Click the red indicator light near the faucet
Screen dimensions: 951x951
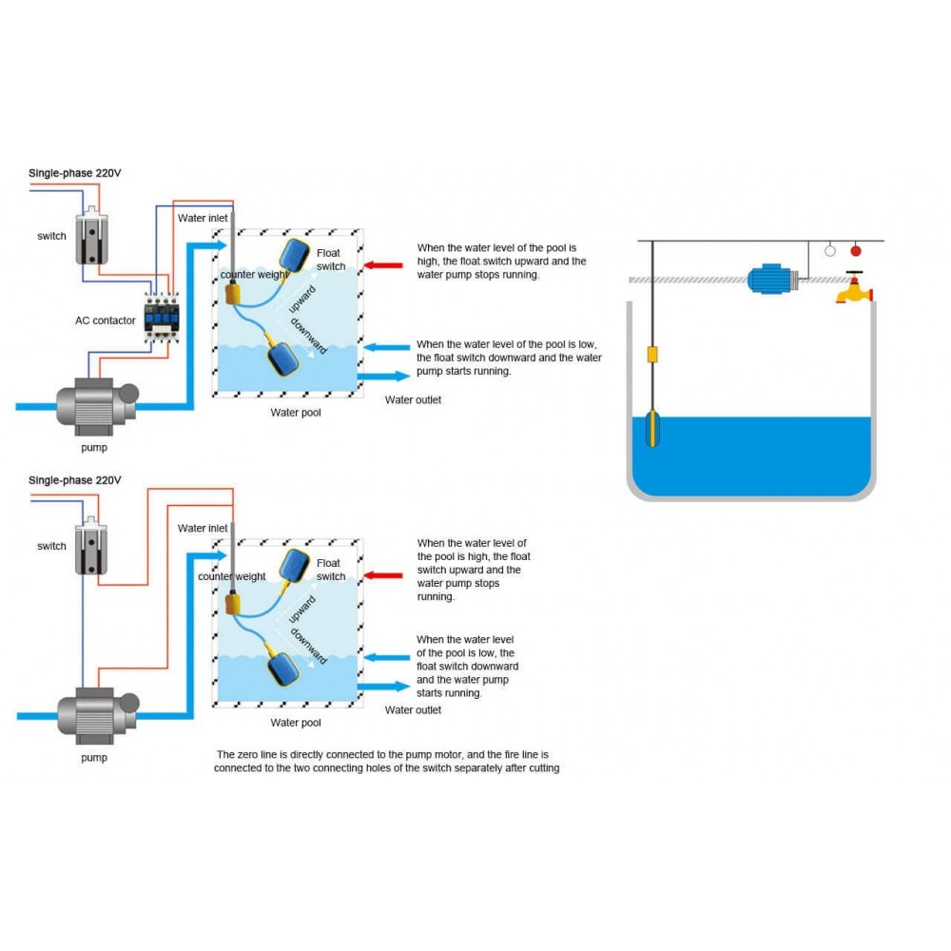[855, 251]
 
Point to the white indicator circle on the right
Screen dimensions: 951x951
[830, 251]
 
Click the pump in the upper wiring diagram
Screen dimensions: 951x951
[94, 404]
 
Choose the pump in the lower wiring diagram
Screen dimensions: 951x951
[94, 711]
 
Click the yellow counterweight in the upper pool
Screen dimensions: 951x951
[230, 293]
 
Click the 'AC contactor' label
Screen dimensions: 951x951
[106, 320]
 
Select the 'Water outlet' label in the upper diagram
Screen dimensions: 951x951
[413, 400]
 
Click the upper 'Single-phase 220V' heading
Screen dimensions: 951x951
[75, 173]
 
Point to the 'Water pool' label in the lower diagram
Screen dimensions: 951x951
[296, 723]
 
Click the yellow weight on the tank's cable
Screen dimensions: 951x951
[652, 354]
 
